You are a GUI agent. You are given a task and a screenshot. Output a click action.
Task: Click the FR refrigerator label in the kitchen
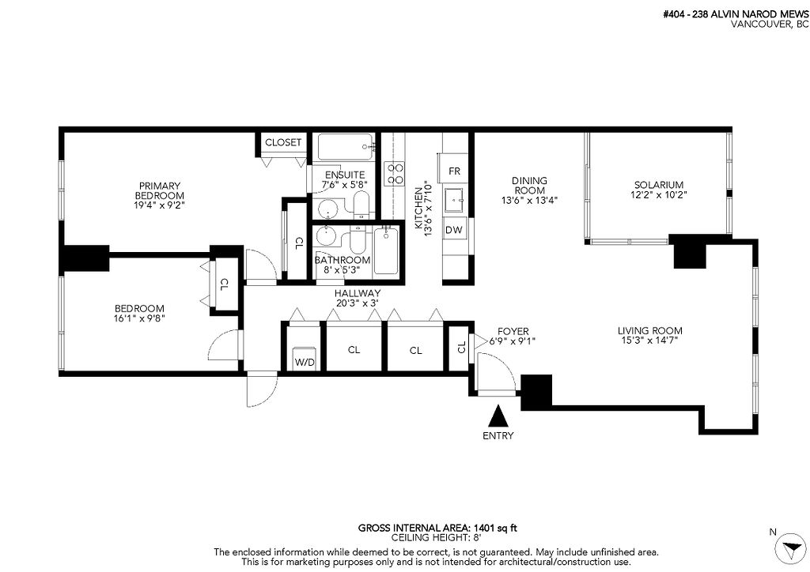(454, 171)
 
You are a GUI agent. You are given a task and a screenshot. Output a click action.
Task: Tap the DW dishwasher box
(453, 230)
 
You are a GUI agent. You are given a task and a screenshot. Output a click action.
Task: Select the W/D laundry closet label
(304, 363)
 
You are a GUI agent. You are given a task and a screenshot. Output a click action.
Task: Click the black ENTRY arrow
(498, 416)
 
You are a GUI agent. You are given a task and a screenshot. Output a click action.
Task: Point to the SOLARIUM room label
(657, 184)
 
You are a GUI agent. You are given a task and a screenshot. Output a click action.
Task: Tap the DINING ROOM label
(530, 186)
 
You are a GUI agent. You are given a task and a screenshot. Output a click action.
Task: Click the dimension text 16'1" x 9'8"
(139, 319)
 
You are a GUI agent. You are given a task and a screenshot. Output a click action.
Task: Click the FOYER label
(513, 331)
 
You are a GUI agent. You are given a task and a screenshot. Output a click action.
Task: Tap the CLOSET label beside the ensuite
(283, 142)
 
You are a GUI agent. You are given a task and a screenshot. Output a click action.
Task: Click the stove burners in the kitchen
(393, 173)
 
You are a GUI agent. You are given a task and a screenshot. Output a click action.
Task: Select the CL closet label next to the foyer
(461, 345)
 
